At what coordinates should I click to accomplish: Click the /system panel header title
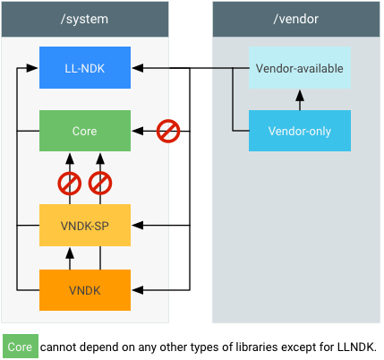click(85, 18)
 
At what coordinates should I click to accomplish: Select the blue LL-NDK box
click(85, 68)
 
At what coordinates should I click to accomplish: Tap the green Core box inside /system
click(85, 131)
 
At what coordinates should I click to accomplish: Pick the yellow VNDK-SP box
click(85, 225)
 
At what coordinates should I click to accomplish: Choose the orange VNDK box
click(85, 290)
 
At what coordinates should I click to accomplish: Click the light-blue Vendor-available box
click(300, 68)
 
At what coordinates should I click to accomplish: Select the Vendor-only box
click(300, 131)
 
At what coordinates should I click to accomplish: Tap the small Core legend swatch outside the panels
click(20, 346)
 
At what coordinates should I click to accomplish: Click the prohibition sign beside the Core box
click(168, 131)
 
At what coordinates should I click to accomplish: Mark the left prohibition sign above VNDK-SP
click(70, 184)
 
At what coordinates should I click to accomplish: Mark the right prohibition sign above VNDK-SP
click(99, 184)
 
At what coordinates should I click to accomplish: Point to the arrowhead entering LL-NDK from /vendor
click(137, 68)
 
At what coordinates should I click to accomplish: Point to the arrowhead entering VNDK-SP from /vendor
click(137, 225)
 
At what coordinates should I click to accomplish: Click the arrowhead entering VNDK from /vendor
click(137, 290)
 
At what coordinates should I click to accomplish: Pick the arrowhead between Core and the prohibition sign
click(137, 131)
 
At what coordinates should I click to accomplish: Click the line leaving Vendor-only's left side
click(240, 131)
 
